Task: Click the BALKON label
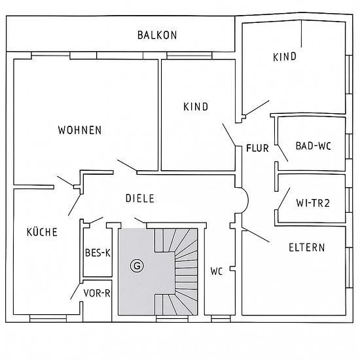(157, 35)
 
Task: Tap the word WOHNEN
(80, 130)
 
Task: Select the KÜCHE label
(42, 232)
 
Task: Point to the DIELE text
(140, 198)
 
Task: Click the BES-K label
(98, 253)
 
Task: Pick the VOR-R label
(97, 293)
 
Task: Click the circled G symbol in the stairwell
(137, 266)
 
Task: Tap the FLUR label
(257, 148)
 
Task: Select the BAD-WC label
(313, 146)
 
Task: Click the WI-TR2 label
(313, 203)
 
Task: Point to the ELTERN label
(307, 247)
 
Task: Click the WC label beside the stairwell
(217, 272)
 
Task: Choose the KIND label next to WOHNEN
(196, 107)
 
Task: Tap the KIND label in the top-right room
(285, 57)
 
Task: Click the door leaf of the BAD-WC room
(283, 153)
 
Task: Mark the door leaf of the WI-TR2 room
(284, 198)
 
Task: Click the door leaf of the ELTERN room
(255, 234)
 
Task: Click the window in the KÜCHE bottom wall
(48, 319)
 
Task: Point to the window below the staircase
(172, 319)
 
